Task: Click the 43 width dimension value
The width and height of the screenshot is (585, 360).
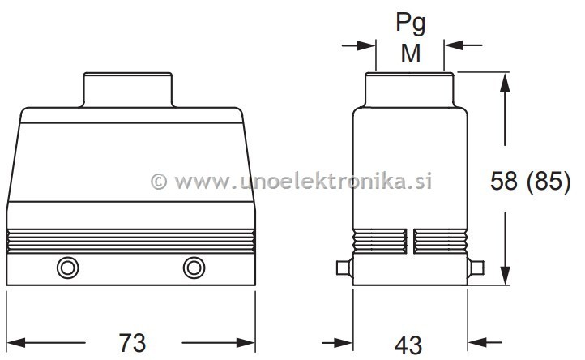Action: tap(410, 344)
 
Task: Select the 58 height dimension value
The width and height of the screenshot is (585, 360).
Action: tap(506, 182)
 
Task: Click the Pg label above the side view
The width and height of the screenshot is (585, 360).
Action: tap(410, 24)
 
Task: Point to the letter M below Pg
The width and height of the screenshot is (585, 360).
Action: tap(410, 54)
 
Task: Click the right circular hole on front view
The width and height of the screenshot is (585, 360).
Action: tap(194, 268)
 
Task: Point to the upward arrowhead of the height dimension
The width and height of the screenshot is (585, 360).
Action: tap(506, 82)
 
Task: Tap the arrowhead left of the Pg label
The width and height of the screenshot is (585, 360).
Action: tap(367, 45)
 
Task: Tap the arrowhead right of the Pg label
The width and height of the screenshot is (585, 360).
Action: tap(453, 45)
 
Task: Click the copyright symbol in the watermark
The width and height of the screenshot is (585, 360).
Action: tap(159, 181)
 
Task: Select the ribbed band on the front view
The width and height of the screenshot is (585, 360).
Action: tap(130, 241)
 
